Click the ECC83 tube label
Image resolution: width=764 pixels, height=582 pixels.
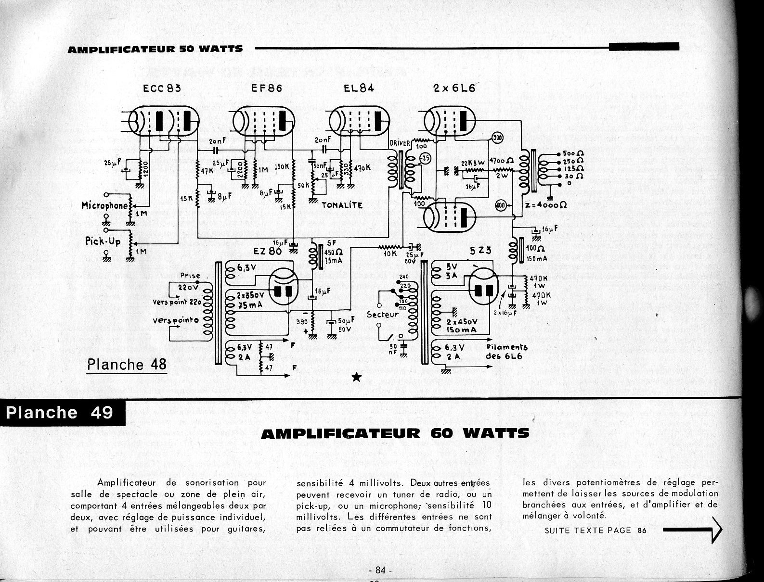(x=162, y=89)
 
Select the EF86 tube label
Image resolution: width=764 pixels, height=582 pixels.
(x=267, y=89)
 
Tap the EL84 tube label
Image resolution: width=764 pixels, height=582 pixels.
(x=359, y=88)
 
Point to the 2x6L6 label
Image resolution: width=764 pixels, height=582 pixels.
(x=454, y=88)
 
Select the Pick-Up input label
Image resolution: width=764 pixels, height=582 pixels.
(x=103, y=241)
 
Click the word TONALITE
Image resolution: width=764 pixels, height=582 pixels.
(x=342, y=205)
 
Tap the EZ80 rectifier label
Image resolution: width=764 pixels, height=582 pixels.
(x=268, y=251)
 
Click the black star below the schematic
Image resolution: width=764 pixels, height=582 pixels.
(x=357, y=377)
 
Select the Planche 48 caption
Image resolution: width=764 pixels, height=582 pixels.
(x=127, y=364)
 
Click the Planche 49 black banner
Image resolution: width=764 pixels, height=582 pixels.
(x=60, y=413)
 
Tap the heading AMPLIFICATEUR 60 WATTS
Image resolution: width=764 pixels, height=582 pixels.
(x=394, y=433)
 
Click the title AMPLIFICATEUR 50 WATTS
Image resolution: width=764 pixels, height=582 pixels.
(x=155, y=49)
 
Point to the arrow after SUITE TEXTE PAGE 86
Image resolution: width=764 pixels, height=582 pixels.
(x=693, y=530)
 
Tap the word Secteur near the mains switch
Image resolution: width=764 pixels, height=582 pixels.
(x=383, y=315)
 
